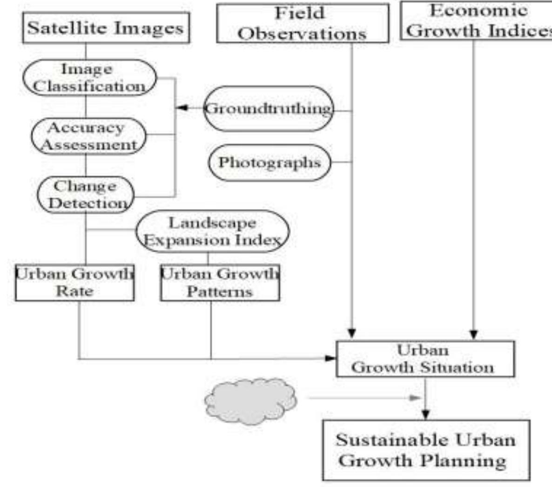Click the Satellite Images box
(x=106, y=28)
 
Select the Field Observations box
(x=303, y=23)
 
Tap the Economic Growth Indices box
(x=476, y=21)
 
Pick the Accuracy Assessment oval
(x=88, y=136)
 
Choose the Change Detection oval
(x=85, y=195)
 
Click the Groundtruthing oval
(x=269, y=109)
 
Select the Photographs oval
(x=269, y=162)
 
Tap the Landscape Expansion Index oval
(x=212, y=231)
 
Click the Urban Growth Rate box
(x=74, y=283)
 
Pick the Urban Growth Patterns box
(x=220, y=283)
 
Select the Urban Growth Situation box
(x=425, y=359)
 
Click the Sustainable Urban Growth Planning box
(x=426, y=450)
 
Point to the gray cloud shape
(x=250, y=400)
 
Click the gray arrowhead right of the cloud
(x=413, y=398)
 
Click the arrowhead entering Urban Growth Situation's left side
(x=330, y=358)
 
